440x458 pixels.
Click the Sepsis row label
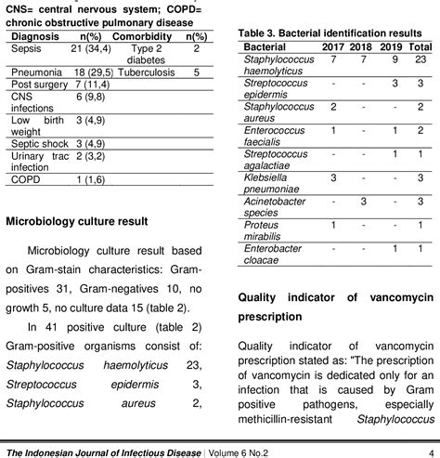(27, 47)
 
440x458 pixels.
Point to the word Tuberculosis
(151, 71)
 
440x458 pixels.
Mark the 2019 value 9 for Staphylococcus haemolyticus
(395, 58)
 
